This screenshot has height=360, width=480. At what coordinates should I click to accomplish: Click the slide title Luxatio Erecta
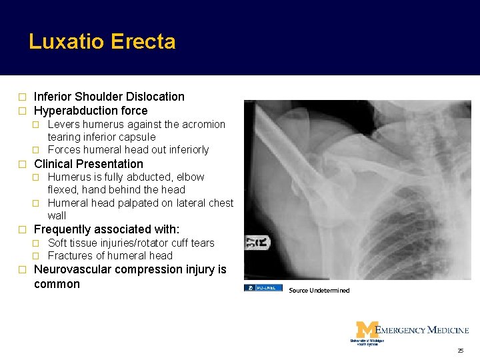(x=102, y=42)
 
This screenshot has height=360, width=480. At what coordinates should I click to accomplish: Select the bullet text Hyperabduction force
(x=91, y=111)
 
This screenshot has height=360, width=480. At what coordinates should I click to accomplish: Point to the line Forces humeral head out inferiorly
(x=128, y=149)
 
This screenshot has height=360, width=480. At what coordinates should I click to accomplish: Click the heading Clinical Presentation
(x=88, y=164)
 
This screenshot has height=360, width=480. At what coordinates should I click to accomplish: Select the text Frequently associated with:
(x=107, y=230)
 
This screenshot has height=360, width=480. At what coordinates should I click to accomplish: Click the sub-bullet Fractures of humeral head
(x=110, y=255)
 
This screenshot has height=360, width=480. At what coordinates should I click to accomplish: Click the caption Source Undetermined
(x=319, y=291)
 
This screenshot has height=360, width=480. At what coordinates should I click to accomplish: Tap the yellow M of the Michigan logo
(x=366, y=330)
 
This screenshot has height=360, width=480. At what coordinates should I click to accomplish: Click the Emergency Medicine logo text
(x=423, y=330)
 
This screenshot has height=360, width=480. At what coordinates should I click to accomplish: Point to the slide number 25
(x=460, y=351)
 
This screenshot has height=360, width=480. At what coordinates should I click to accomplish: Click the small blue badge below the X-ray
(x=263, y=288)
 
